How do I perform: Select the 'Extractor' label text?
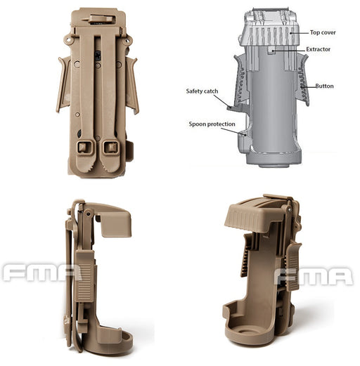[318, 49]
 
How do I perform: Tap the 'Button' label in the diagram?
[324, 86]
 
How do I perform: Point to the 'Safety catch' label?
[202, 91]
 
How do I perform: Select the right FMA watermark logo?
[314, 276]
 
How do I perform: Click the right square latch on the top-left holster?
[111, 148]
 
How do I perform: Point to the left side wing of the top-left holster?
[63, 85]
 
